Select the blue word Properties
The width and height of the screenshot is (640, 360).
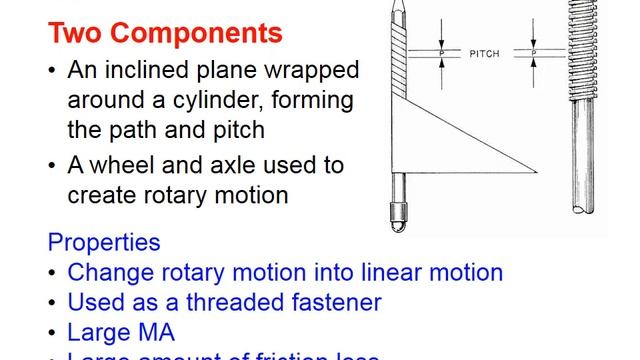coord(103,243)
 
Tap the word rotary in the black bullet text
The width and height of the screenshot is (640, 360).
coord(166,195)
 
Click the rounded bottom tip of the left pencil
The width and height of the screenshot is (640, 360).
coord(398,216)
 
